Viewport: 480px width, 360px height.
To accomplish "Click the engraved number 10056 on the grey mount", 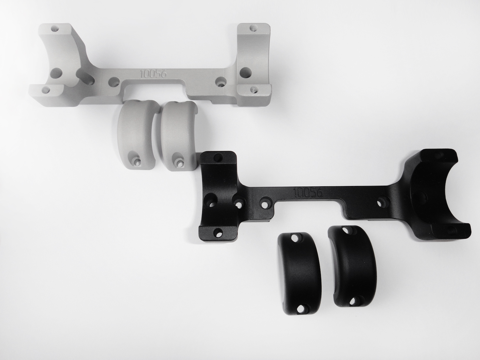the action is click(153, 74).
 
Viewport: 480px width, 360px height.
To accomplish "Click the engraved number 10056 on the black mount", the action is click(308, 192).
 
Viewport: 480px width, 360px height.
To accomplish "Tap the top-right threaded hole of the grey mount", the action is click(254, 28).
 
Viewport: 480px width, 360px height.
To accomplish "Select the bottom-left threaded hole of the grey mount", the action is click(46, 89).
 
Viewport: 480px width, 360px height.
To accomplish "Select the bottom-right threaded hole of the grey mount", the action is click(254, 89).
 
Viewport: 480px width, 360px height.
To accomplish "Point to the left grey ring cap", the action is click(138, 135).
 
